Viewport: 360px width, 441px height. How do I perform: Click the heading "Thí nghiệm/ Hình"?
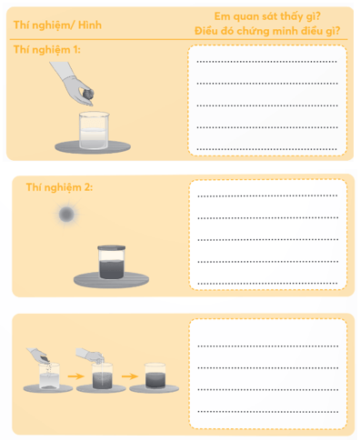pos(57,25)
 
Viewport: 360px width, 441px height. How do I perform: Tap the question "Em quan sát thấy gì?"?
pos(267,16)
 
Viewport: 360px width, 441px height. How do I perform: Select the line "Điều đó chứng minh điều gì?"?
pos(267,31)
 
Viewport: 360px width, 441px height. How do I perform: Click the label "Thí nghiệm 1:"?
pos(47,49)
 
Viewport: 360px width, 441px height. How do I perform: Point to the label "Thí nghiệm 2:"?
pos(59,187)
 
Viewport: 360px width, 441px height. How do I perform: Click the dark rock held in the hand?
pos(88,94)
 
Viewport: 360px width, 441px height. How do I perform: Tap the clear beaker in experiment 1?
pos(94,130)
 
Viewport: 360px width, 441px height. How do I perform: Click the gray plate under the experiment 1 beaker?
pos(93,147)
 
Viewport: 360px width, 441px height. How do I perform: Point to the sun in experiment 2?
pos(66,215)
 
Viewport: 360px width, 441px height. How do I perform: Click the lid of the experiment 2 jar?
pos(112,248)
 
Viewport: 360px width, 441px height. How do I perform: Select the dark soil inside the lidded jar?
pos(112,269)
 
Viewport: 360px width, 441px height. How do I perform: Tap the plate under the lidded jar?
pos(111,279)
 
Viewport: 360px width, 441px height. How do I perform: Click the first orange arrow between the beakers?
pos(75,376)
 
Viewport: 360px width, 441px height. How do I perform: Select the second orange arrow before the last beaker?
pos(130,376)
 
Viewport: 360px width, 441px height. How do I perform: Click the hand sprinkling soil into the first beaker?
pos(38,356)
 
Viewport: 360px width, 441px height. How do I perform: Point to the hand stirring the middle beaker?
pos(90,355)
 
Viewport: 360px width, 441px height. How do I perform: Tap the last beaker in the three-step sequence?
pos(155,376)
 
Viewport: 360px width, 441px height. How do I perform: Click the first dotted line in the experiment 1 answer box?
pos(267,62)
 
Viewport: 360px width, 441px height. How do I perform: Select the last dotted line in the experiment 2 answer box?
pos(267,284)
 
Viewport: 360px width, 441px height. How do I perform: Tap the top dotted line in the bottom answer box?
pos(268,346)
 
